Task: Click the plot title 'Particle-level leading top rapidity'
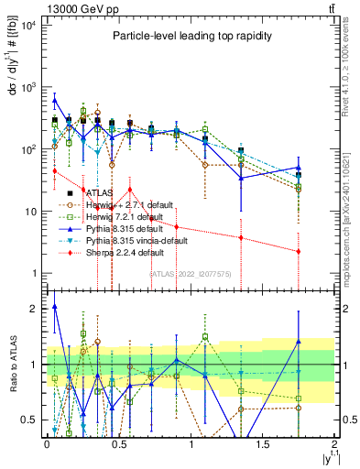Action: point(188,36)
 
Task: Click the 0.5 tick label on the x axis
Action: point(118,443)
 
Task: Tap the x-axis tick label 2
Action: point(335,443)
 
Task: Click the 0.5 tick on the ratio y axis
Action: point(28,420)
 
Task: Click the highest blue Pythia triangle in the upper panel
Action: point(54,100)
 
